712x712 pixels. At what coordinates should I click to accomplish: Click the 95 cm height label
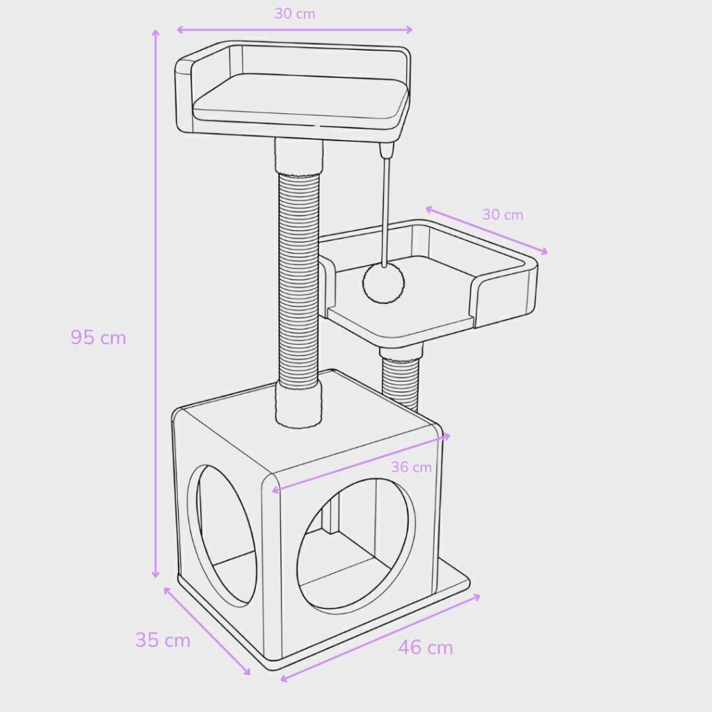coord(98,337)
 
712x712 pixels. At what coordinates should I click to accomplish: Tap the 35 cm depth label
coord(163,640)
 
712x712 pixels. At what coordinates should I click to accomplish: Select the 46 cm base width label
coord(426,647)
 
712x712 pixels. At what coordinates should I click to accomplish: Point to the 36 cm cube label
coord(411,467)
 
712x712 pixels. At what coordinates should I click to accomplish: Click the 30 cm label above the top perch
coord(295,14)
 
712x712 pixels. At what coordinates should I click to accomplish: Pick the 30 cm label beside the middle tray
coord(503,214)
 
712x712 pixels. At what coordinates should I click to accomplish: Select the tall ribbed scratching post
coord(298,282)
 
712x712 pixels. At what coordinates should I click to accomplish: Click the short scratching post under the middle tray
coord(400,377)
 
